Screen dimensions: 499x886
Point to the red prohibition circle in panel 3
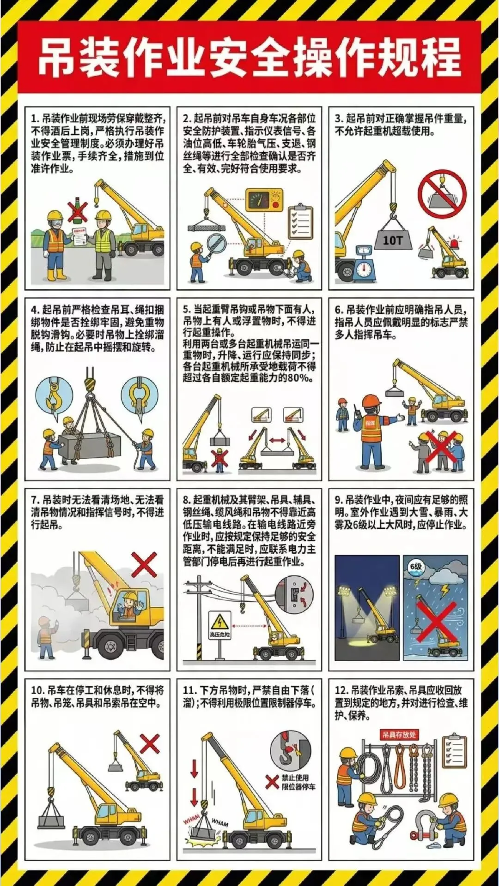pyautogui.click(x=442, y=193)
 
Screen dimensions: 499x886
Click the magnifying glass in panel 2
pyautogui.click(x=215, y=244)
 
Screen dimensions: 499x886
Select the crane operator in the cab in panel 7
pyautogui.click(x=129, y=606)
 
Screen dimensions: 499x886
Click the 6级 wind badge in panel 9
pyautogui.click(x=416, y=567)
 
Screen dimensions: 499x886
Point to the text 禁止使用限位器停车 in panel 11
pyautogui.click(x=298, y=782)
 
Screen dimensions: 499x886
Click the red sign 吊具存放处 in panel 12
pyautogui.click(x=399, y=734)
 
